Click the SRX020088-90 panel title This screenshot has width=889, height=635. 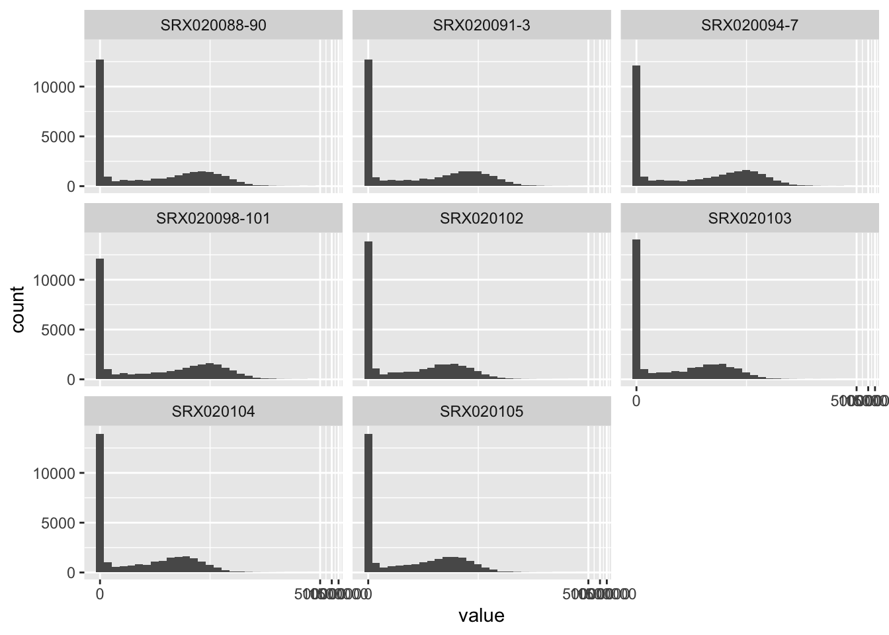click(213, 26)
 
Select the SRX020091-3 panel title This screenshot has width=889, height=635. click(481, 26)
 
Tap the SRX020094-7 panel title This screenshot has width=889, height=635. click(749, 26)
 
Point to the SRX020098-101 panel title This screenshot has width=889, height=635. click(213, 219)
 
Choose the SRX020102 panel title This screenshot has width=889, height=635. click(481, 219)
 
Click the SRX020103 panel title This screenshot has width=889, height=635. click(749, 219)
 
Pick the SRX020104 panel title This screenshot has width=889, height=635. click(213, 412)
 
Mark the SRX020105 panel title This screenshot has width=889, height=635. click(481, 412)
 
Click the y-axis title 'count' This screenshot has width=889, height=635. click(18, 310)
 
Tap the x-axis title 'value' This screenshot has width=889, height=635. click(481, 616)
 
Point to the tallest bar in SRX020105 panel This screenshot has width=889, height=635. click(368, 503)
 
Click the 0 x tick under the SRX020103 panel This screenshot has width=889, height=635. click(636, 401)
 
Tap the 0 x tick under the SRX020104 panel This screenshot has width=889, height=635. click(100, 594)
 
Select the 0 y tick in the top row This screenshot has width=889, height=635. click(71, 187)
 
